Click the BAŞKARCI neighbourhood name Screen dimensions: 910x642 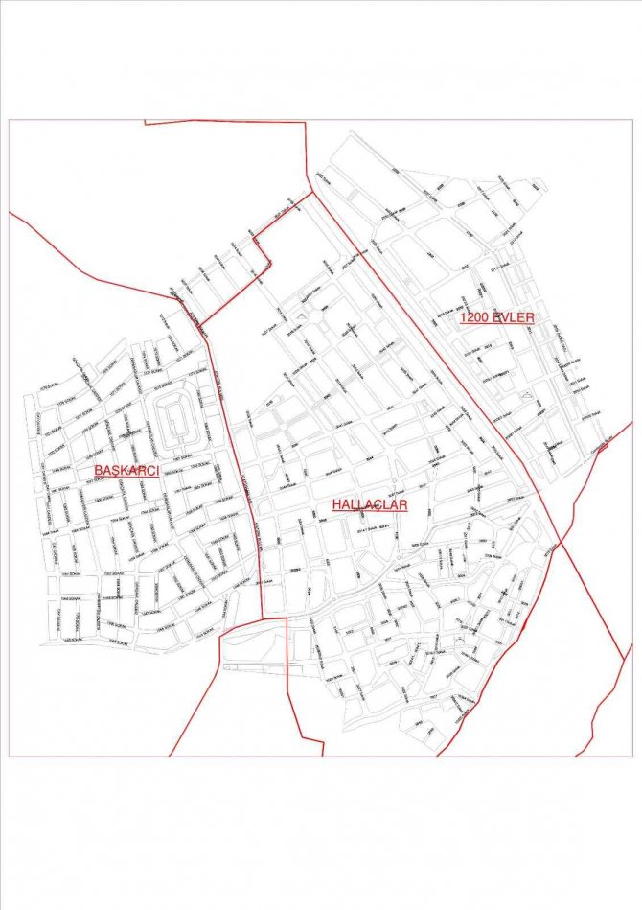(126, 470)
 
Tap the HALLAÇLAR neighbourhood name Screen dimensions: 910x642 (371, 504)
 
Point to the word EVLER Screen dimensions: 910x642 (514, 317)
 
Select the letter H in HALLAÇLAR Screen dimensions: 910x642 (337, 504)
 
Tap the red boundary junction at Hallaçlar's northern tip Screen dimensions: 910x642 (312, 193)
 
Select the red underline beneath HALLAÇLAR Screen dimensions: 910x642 (371, 514)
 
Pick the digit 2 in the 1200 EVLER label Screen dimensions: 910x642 (470, 317)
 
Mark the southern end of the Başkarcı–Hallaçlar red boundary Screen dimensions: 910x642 (262, 618)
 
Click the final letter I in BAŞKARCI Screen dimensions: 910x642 (156, 470)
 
